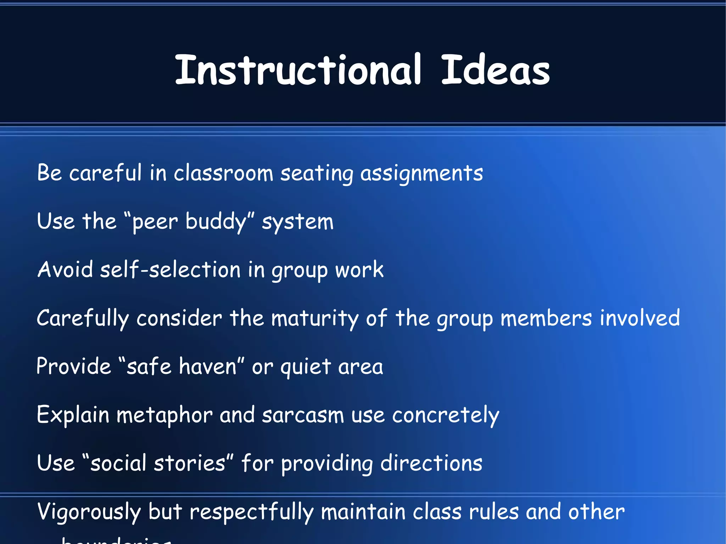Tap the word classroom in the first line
pos(223,173)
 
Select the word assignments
pos(421,174)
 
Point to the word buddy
pos(216,222)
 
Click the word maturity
pos(315,318)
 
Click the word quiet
pos(306,367)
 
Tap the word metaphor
pos(164,415)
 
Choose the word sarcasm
pos(303,415)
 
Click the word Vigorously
pos(89,512)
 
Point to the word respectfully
pos(251,512)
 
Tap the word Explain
pos(73,415)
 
